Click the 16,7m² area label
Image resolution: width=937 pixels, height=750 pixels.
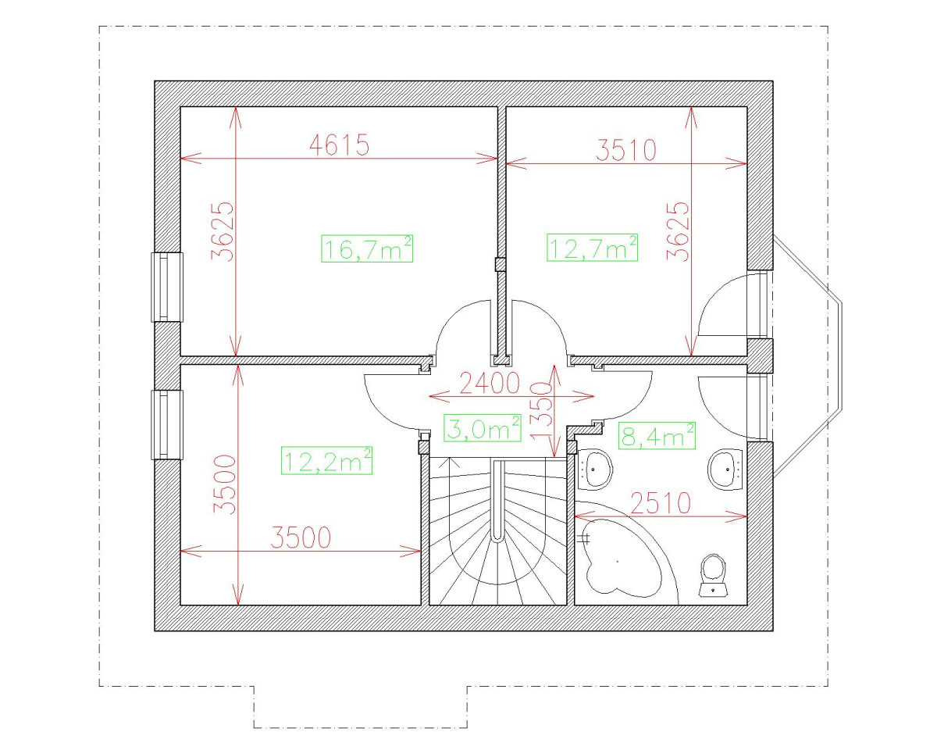pos(366,249)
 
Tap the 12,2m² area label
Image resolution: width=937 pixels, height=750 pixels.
pos(326,460)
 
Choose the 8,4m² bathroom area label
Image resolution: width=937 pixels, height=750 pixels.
pos(656,435)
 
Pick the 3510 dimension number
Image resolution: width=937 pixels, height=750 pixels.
pos(625,149)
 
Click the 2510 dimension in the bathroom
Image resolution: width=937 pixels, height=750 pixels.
pos(661,504)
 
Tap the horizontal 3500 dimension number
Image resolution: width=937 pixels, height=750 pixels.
pos(301,537)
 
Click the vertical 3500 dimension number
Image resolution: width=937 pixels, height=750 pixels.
pos(225,484)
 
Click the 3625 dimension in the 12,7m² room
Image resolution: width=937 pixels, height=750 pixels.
pos(679,232)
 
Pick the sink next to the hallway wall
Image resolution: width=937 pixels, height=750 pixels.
pos(598,469)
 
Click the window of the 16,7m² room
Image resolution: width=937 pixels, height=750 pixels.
pos(166,287)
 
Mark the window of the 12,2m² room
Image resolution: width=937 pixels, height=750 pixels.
pos(166,424)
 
